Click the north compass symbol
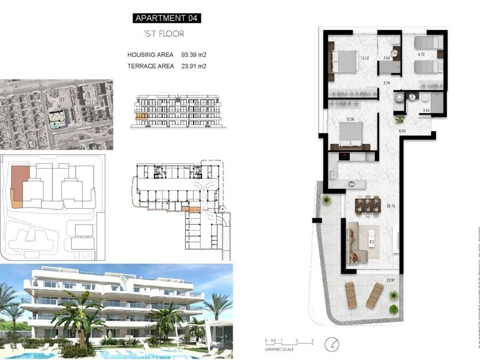(331, 344)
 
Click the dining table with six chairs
(367, 204)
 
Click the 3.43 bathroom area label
(426, 111)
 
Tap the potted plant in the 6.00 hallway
(399, 118)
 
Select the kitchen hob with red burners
(342, 156)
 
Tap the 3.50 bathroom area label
(386, 57)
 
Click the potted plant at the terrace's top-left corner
(326, 200)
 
